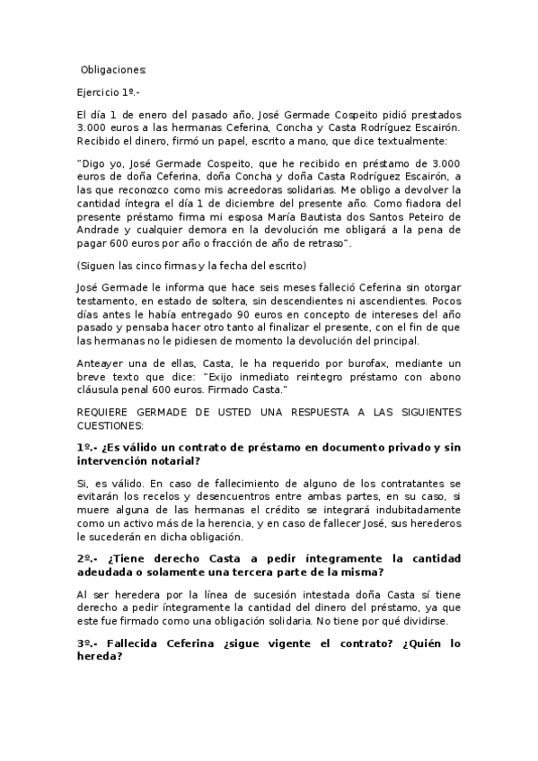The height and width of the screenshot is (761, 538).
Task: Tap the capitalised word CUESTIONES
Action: [x=110, y=424]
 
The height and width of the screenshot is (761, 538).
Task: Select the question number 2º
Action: [x=87, y=557]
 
